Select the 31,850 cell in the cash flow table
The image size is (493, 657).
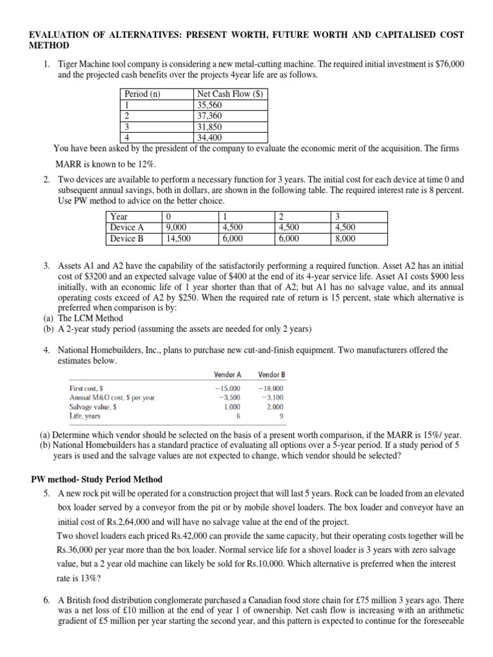coord(209,127)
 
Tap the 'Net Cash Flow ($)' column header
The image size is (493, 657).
coord(230,94)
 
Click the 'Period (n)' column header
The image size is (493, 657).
coord(142,94)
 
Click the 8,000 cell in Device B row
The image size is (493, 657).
coord(345,238)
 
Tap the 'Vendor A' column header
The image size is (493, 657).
coord(227,374)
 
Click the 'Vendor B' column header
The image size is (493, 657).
coord(271,374)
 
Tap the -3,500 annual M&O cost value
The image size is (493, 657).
coord(228,398)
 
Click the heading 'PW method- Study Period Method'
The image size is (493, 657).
coord(97,479)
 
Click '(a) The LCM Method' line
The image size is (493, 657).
coord(80,318)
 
